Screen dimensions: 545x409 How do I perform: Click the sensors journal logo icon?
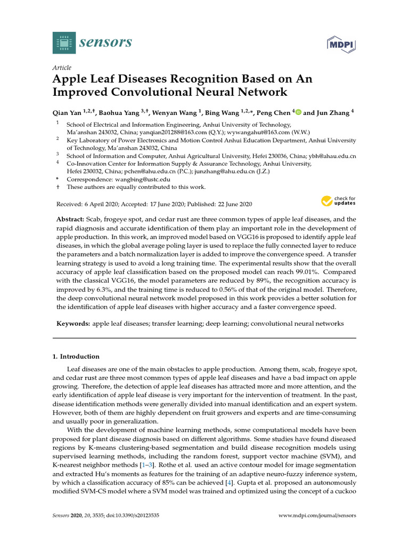point(64,42)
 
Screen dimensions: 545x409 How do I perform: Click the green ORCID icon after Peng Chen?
point(299,112)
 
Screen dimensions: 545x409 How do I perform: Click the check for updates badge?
point(338,201)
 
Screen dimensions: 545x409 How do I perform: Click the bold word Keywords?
point(73,324)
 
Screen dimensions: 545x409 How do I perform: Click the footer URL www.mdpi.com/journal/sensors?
point(317,516)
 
